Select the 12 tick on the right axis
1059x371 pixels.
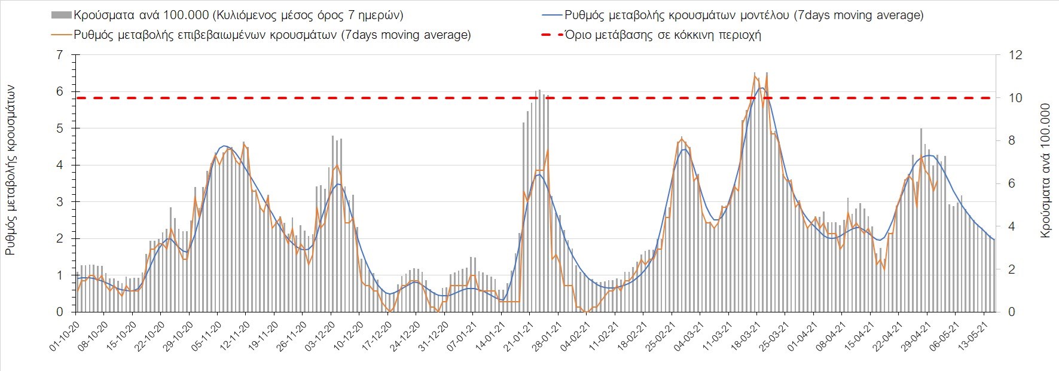(x=1015, y=55)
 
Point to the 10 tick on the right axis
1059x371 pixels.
(x=1015, y=98)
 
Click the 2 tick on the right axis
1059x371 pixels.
(x=1012, y=269)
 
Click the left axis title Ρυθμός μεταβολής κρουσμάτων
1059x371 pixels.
(x=11, y=170)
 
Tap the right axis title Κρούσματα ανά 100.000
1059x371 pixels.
(x=1046, y=171)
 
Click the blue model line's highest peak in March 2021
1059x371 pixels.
(x=761, y=88)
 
